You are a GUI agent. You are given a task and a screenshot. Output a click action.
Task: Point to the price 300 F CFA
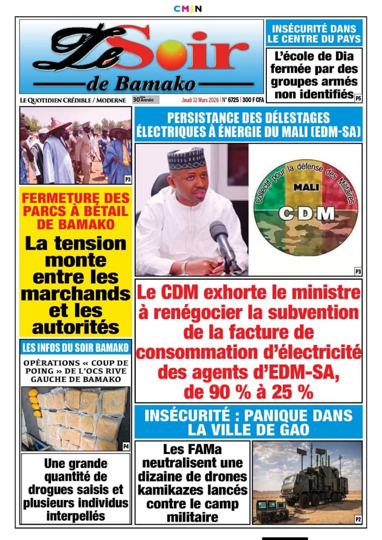tap(253, 100)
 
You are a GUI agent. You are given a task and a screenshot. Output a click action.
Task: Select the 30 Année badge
tap(146, 99)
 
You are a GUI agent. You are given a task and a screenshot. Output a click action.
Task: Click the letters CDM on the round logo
tap(306, 214)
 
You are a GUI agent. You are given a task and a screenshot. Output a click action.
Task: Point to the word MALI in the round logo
tap(306, 186)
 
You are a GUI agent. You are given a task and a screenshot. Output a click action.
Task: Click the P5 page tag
tap(358, 98)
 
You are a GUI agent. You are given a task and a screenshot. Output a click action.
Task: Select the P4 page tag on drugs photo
tap(126, 446)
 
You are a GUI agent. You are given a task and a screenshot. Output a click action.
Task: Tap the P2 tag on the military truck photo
tap(358, 519)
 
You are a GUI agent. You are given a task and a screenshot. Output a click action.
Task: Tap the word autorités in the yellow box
tap(76, 327)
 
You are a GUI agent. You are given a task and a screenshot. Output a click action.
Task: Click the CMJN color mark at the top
tap(188, 8)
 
